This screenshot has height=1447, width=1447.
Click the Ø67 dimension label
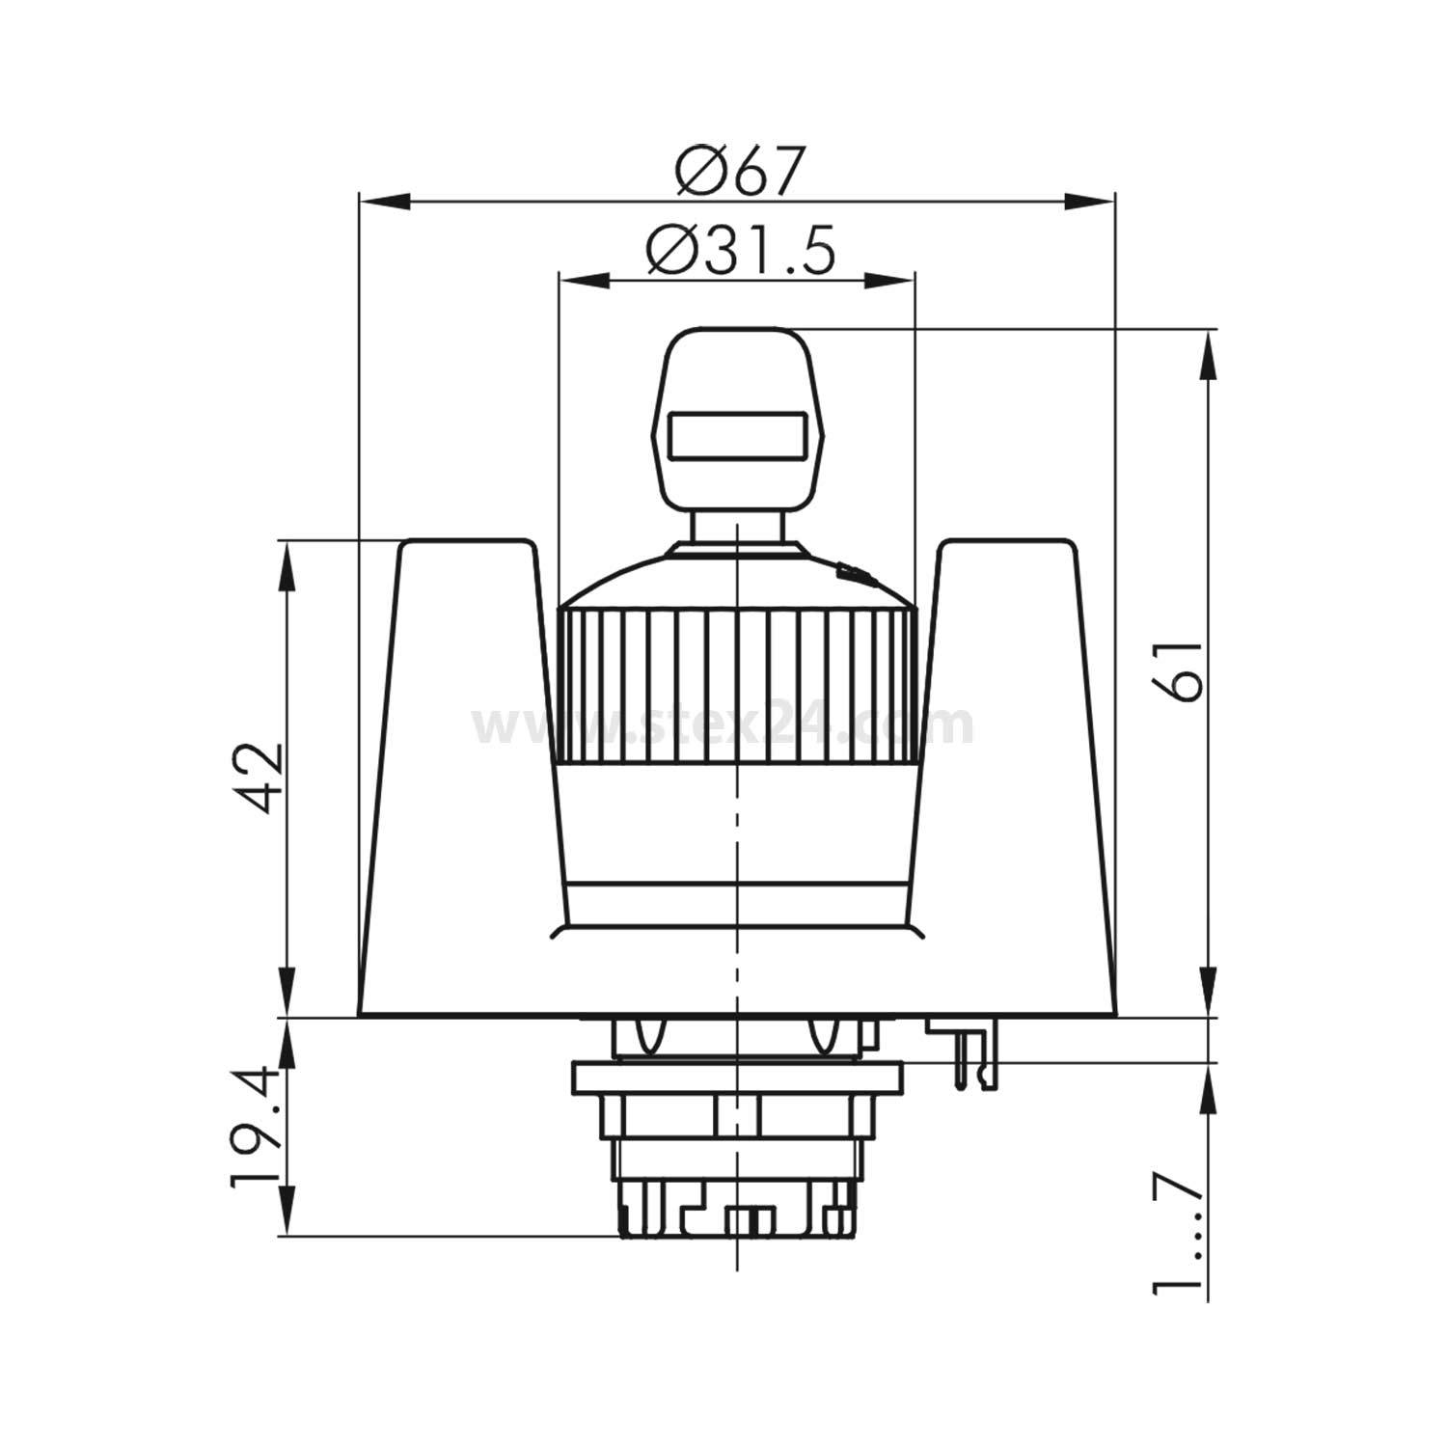[738, 172]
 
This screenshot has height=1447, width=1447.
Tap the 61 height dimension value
[1180, 669]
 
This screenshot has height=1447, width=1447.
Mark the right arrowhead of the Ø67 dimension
[1090, 201]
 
